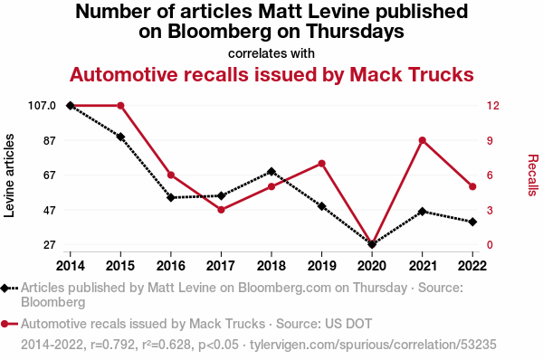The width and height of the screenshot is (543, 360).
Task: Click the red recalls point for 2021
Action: [x=422, y=140]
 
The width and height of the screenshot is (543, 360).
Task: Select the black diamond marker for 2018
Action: [x=271, y=172]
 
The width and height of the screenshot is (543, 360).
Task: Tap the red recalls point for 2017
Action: [x=222, y=210]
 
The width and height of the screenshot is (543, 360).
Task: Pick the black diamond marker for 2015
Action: [x=120, y=137]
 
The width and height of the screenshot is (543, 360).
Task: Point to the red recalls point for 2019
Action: [x=321, y=164]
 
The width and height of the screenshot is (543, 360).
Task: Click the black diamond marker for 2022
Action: [x=472, y=222]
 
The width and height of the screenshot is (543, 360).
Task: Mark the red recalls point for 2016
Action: [x=171, y=175]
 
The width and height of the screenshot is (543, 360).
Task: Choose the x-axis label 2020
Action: [x=372, y=266]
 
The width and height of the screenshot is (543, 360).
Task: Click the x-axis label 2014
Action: [x=71, y=266]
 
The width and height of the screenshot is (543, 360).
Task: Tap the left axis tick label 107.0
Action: [x=42, y=106]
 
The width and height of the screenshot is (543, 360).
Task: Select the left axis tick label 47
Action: [x=49, y=210]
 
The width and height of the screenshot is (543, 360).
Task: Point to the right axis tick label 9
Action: [x=490, y=140]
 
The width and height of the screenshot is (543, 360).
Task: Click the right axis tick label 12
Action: [x=493, y=106]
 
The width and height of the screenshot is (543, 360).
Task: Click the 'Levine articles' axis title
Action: [x=9, y=175]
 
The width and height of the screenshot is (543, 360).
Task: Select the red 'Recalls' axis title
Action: [x=533, y=175]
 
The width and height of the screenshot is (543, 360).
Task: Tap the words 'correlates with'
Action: [x=271, y=53]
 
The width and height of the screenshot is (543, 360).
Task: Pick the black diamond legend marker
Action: [x=5, y=288]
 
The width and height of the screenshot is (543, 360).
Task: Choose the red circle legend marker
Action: [x=5, y=325]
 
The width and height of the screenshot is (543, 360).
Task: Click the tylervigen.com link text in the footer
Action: [x=373, y=345]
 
